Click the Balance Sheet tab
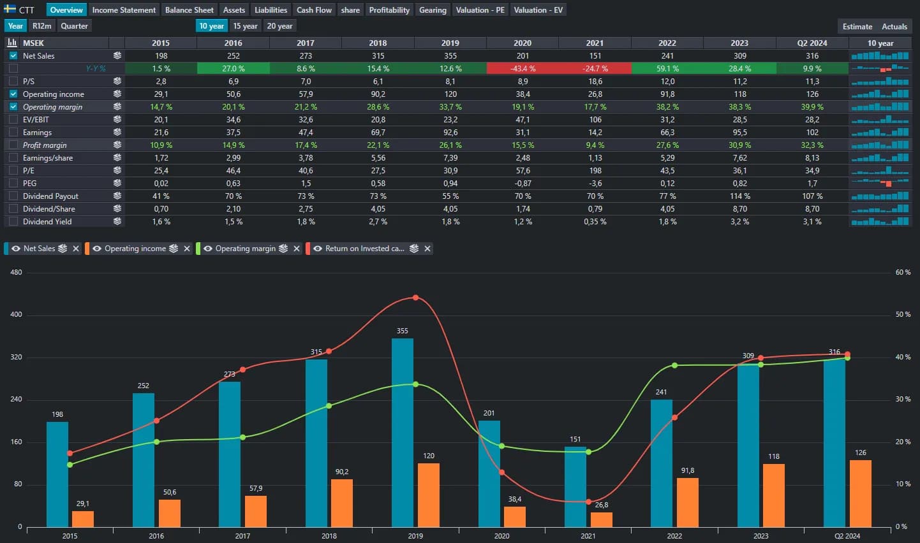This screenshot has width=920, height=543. coord(189,10)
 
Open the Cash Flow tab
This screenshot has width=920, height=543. coord(314,10)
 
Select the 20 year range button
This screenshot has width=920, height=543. coord(279,26)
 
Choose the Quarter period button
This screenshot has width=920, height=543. coord(74,26)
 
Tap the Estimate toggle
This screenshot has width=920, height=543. coord(857,27)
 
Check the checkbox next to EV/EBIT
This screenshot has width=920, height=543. coord(13,119)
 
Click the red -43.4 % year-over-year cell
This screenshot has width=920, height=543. coord(523,68)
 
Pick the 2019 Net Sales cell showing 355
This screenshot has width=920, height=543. coord(450,55)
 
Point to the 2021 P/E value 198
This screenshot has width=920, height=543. coord(595,170)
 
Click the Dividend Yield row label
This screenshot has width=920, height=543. coord(47,221)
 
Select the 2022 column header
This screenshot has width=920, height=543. coord(667,43)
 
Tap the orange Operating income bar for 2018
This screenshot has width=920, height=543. coord(341,503)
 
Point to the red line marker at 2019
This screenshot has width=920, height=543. coord(415,298)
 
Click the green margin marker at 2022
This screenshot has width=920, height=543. coord(674,365)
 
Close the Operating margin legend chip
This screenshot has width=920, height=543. coord(297,249)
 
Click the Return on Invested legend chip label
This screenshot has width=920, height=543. coord(364,249)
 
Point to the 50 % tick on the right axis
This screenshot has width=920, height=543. coord(902,315)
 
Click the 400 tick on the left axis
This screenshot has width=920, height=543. coord(16,315)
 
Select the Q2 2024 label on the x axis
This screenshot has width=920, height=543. coord(847,536)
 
